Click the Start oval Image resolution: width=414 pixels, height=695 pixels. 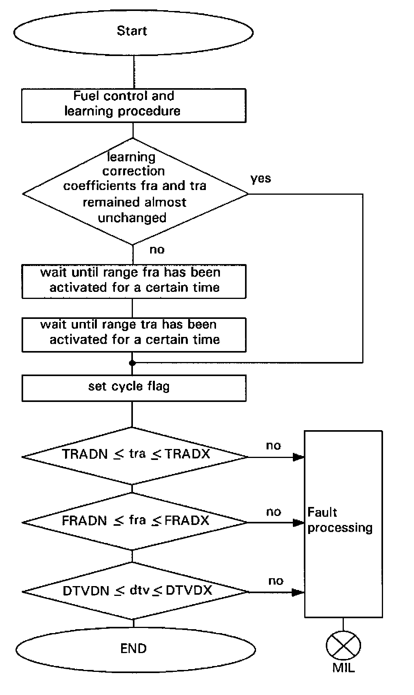[133, 31]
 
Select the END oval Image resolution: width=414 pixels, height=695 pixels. [133, 649]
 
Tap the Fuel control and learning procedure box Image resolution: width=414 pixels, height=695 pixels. [133, 105]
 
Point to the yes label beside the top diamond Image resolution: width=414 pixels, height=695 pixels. [261, 179]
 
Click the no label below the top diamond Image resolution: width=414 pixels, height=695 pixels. [157, 250]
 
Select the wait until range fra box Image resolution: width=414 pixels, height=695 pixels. [133, 281]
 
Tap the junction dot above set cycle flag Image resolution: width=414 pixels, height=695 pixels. [133, 363]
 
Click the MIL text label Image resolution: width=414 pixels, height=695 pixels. [343, 668]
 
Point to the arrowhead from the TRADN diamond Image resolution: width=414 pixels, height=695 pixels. [300, 457]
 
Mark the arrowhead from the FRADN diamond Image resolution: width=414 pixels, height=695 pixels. [300, 523]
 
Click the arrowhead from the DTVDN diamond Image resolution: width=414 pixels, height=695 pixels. [300, 592]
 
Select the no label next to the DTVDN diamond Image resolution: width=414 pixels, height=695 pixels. [276, 581]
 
